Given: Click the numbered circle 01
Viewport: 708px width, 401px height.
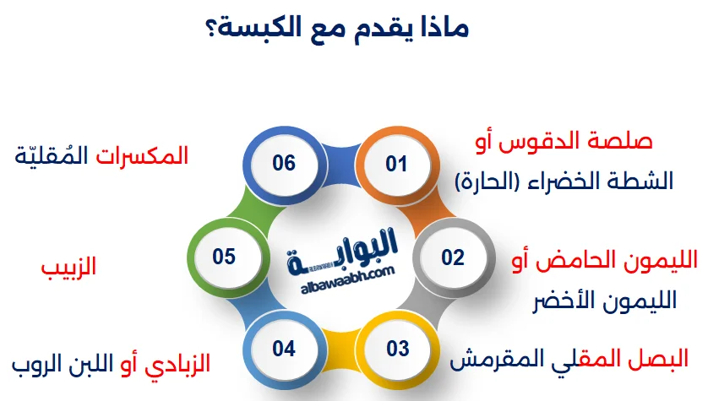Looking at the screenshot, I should click(396, 164).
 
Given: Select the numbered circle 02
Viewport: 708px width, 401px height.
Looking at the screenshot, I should click(453, 257).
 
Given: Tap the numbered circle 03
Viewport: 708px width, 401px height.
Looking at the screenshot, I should click(397, 348).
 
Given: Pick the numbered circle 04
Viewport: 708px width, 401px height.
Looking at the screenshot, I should click(285, 348).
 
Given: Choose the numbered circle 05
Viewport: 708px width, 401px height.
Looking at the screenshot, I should click(224, 256).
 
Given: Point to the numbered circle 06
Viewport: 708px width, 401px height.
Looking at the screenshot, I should click(284, 163).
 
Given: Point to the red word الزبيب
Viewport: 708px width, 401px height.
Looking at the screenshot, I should click(69, 268).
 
